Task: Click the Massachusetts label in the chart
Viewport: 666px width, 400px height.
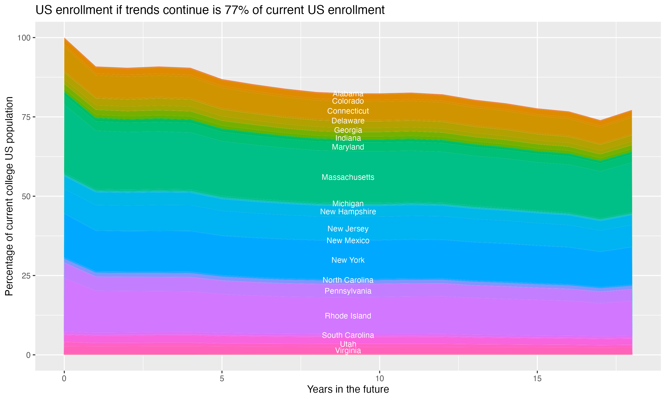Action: pos(348,177)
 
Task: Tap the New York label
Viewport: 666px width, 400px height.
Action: pos(348,260)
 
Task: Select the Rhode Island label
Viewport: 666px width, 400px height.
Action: pos(348,316)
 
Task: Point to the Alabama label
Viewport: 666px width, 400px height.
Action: pos(348,94)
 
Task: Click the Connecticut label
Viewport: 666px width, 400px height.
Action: pos(348,111)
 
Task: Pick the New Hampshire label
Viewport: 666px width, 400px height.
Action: pos(348,212)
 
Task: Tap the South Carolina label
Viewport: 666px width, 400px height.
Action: pos(348,335)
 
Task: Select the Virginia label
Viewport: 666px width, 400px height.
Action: pos(348,351)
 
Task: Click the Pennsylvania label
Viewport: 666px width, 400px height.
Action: pos(348,291)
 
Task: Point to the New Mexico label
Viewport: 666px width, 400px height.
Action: pos(348,241)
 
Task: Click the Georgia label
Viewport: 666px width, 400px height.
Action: pos(348,130)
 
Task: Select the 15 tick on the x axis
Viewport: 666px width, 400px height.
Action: pos(537,379)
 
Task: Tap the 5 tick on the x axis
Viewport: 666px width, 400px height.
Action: pos(222,379)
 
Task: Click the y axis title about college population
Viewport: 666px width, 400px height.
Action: pos(9,196)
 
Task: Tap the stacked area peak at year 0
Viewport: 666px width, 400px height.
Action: pos(64,38)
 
